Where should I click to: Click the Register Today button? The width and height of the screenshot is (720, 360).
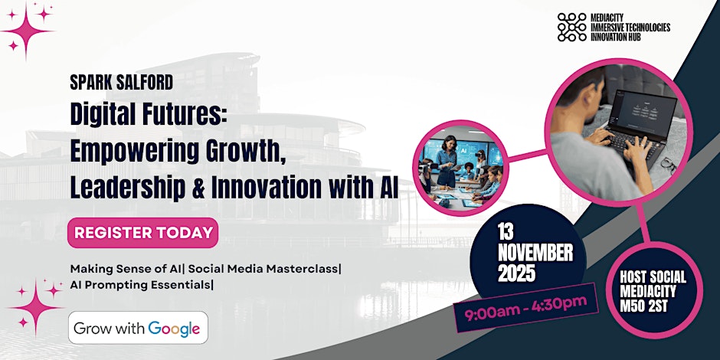(142, 232)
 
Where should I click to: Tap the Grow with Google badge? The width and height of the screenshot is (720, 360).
(138, 328)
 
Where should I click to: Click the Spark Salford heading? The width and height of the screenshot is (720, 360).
(122, 83)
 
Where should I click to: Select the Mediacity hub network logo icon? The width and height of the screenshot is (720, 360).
(571, 27)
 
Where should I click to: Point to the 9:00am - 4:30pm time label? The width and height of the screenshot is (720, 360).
(525, 306)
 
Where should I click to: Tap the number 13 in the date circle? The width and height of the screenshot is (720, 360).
(506, 234)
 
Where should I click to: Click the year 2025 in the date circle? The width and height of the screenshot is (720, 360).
(517, 273)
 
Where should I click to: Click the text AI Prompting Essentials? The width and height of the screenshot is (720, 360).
(140, 285)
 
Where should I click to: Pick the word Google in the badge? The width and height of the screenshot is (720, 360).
(174, 329)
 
